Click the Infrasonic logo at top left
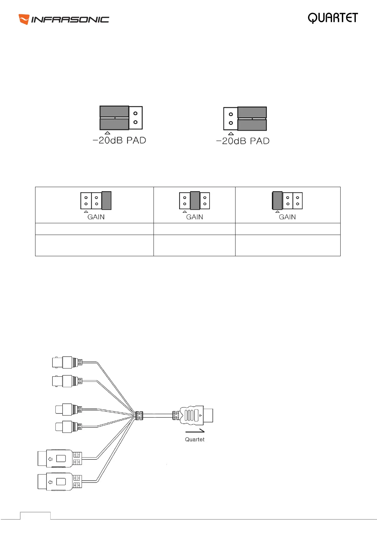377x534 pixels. tap(64, 19)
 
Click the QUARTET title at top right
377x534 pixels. tap(333, 18)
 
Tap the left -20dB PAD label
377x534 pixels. tap(119, 140)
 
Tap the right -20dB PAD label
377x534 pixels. tap(243, 141)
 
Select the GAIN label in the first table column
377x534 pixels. tap(96, 217)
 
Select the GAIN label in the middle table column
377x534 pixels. tap(194, 217)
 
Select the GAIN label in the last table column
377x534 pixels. tap(287, 217)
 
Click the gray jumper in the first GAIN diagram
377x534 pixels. tap(106, 200)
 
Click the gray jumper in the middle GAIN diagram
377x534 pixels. tap(195, 200)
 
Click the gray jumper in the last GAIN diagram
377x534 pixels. tap(277, 200)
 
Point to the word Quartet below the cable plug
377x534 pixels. tap(195, 440)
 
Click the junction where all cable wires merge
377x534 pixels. tap(139, 416)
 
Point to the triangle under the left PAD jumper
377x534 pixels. tap(108, 133)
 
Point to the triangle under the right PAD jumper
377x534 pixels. tap(231, 133)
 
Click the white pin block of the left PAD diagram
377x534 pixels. tap(136, 118)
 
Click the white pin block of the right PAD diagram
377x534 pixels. tap(230, 119)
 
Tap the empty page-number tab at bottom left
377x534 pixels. tap(35, 516)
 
